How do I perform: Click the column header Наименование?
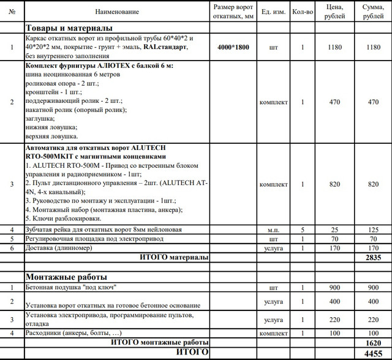coord(117,12)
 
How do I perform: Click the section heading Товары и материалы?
coord(69,28)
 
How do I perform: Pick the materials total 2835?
coord(373,258)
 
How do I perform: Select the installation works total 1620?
coord(373,342)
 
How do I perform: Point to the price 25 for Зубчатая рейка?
coord(334,230)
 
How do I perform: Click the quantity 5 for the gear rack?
coord(302,230)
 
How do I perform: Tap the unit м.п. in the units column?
coord(273,230)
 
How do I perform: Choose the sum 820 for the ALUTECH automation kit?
coord(373,184)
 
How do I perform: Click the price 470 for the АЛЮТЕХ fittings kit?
coord(334,102)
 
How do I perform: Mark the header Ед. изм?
coord(273,12)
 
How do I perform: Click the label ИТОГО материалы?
coord(174,257)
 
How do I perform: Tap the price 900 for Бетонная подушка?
coord(334,287)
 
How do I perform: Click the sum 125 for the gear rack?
coord(373,230)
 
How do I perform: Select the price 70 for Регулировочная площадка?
coord(334,239)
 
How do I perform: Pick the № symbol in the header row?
coord(12,12)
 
